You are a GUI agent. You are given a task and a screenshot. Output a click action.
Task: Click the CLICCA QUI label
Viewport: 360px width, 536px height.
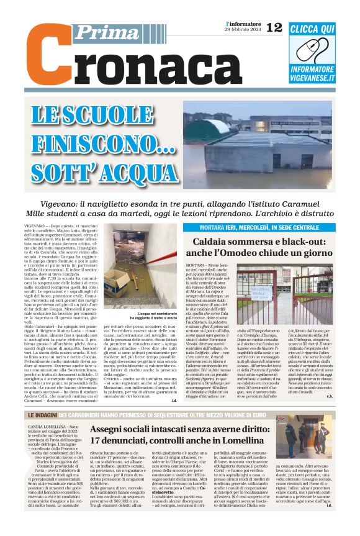pos(312,29)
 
